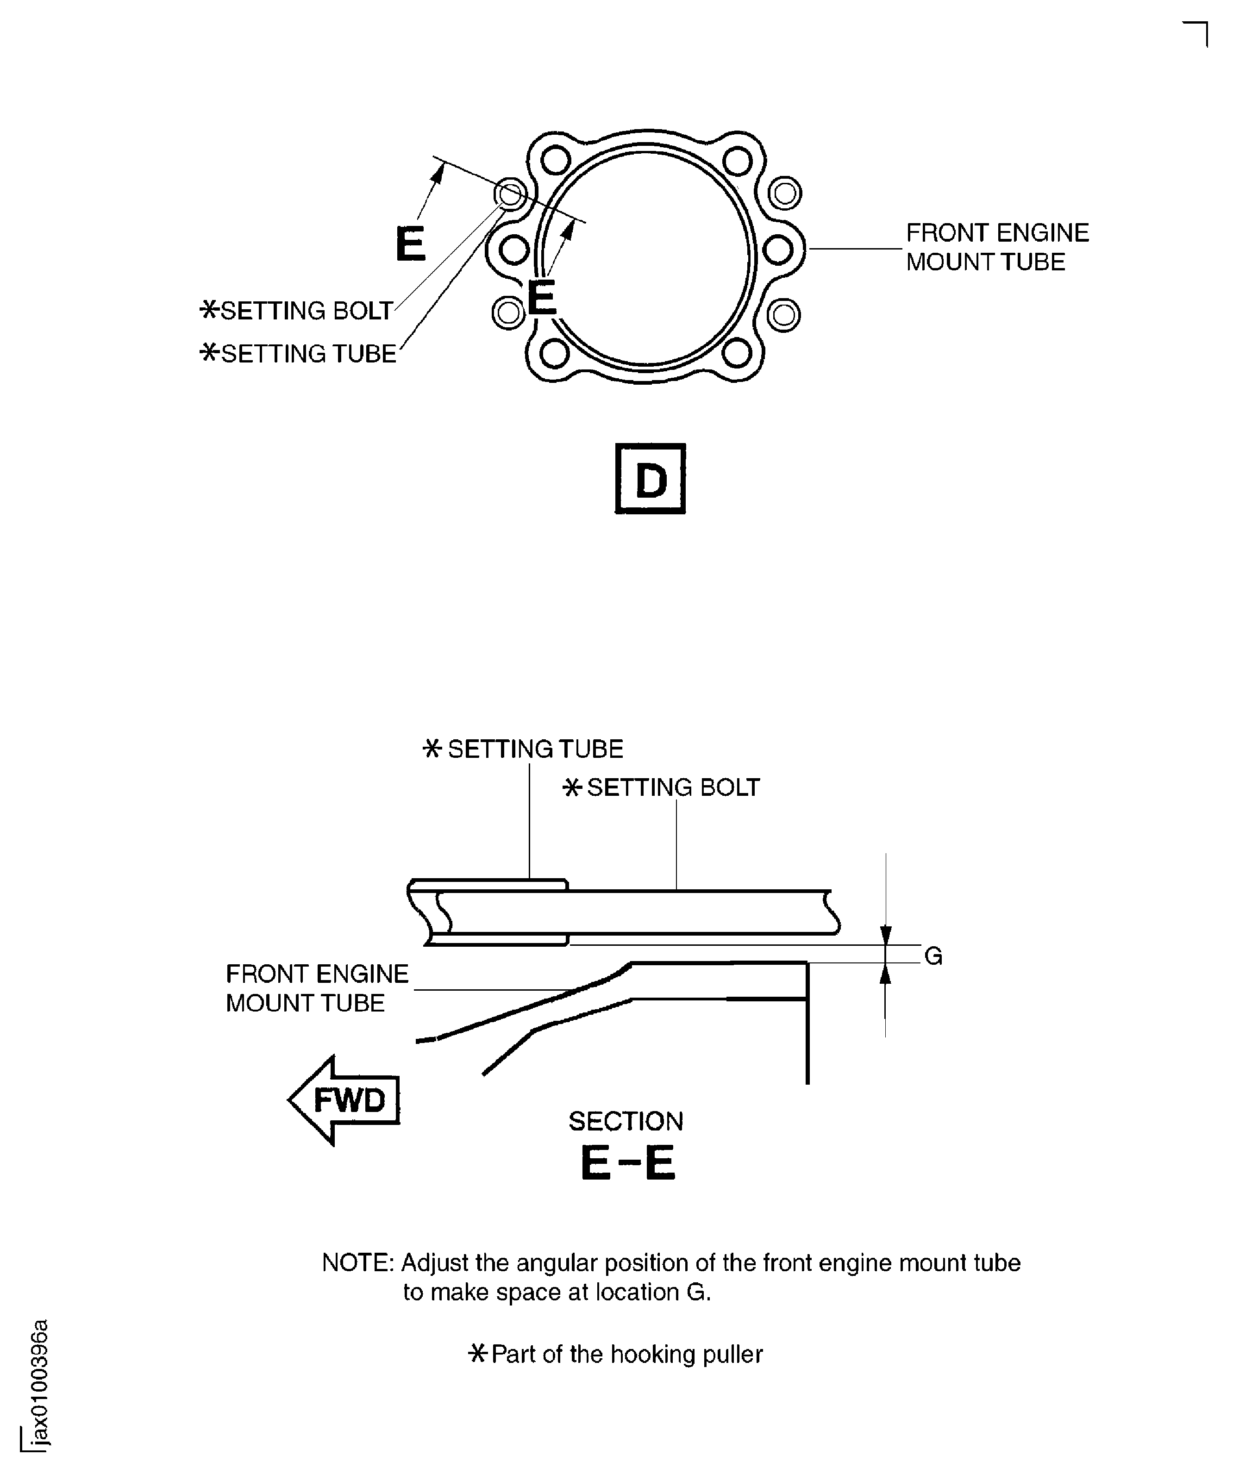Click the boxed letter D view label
(x=650, y=480)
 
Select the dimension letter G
(x=933, y=956)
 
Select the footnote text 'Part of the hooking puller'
(x=626, y=1354)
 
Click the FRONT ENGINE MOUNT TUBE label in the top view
(x=997, y=247)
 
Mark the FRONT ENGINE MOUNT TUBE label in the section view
(x=317, y=988)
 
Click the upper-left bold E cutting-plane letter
(x=410, y=244)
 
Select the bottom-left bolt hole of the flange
(x=556, y=353)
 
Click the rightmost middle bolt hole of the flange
(x=777, y=249)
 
